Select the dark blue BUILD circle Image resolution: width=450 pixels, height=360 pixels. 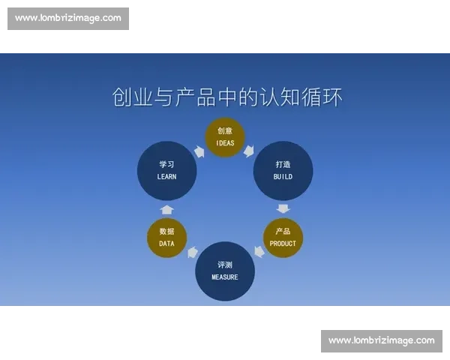pyautogui.click(x=283, y=170)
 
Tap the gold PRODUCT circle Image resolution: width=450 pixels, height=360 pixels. pyautogui.click(x=283, y=237)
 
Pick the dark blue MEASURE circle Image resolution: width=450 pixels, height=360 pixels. pyautogui.click(x=225, y=271)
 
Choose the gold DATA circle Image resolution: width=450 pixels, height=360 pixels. pyautogui.click(x=166, y=237)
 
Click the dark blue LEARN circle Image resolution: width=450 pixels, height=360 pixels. pyautogui.click(x=166, y=170)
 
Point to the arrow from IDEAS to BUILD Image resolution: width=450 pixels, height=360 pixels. pyautogui.click(x=250, y=151)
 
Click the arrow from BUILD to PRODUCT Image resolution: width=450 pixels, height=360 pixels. pyautogui.click(x=283, y=208)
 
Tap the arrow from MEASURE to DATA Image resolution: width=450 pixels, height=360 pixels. pyautogui.click(x=192, y=252)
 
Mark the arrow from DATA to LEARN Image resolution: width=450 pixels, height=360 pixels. pyautogui.click(x=166, y=209)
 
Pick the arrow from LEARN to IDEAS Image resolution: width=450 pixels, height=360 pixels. pyautogui.click(x=199, y=151)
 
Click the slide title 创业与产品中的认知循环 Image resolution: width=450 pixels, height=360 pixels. pyautogui.click(x=225, y=97)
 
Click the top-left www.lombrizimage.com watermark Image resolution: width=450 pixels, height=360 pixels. pyautogui.click(x=68, y=18)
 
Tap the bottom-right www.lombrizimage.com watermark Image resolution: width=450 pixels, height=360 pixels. pyautogui.click(x=381, y=340)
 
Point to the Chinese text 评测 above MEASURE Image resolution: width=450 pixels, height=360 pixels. pyautogui.click(x=225, y=265)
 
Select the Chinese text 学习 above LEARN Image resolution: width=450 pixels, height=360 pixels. pyautogui.click(x=166, y=164)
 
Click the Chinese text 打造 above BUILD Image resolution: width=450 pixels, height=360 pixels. pyautogui.click(x=283, y=164)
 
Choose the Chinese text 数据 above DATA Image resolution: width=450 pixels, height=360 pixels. pyautogui.click(x=166, y=231)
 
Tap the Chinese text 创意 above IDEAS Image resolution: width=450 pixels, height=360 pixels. pyautogui.click(x=225, y=130)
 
